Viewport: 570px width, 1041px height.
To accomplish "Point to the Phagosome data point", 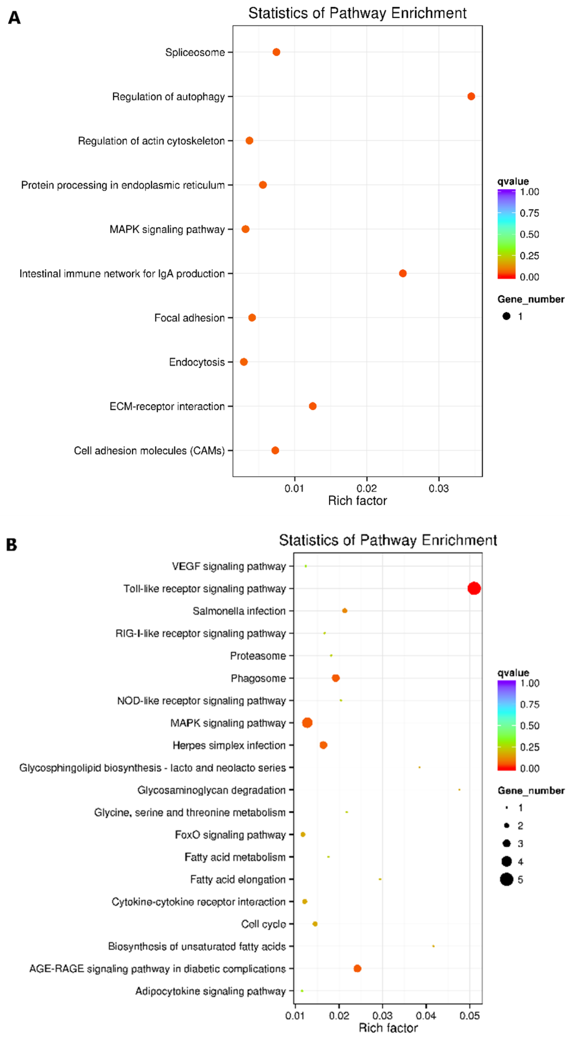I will tap(335, 678).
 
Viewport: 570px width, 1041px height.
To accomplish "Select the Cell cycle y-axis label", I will tap(263, 924).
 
